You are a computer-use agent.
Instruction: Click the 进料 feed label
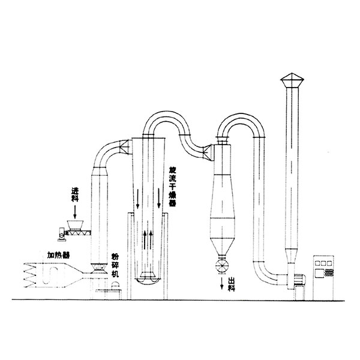pyautogui.click(x=75, y=194)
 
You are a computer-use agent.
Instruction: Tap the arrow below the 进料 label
pyautogui.click(x=75, y=212)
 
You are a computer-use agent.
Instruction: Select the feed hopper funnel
pyautogui.click(x=75, y=225)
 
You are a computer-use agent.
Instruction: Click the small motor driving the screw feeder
pyautogui.click(x=62, y=234)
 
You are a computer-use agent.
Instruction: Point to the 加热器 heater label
pyautogui.click(x=59, y=255)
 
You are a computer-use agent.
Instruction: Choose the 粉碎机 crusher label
pyautogui.click(x=115, y=265)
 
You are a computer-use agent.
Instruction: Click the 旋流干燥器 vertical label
pyautogui.click(x=172, y=186)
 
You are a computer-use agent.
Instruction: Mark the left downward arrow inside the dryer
pyautogui.click(x=137, y=199)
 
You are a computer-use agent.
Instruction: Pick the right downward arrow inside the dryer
pyautogui.click(x=158, y=198)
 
